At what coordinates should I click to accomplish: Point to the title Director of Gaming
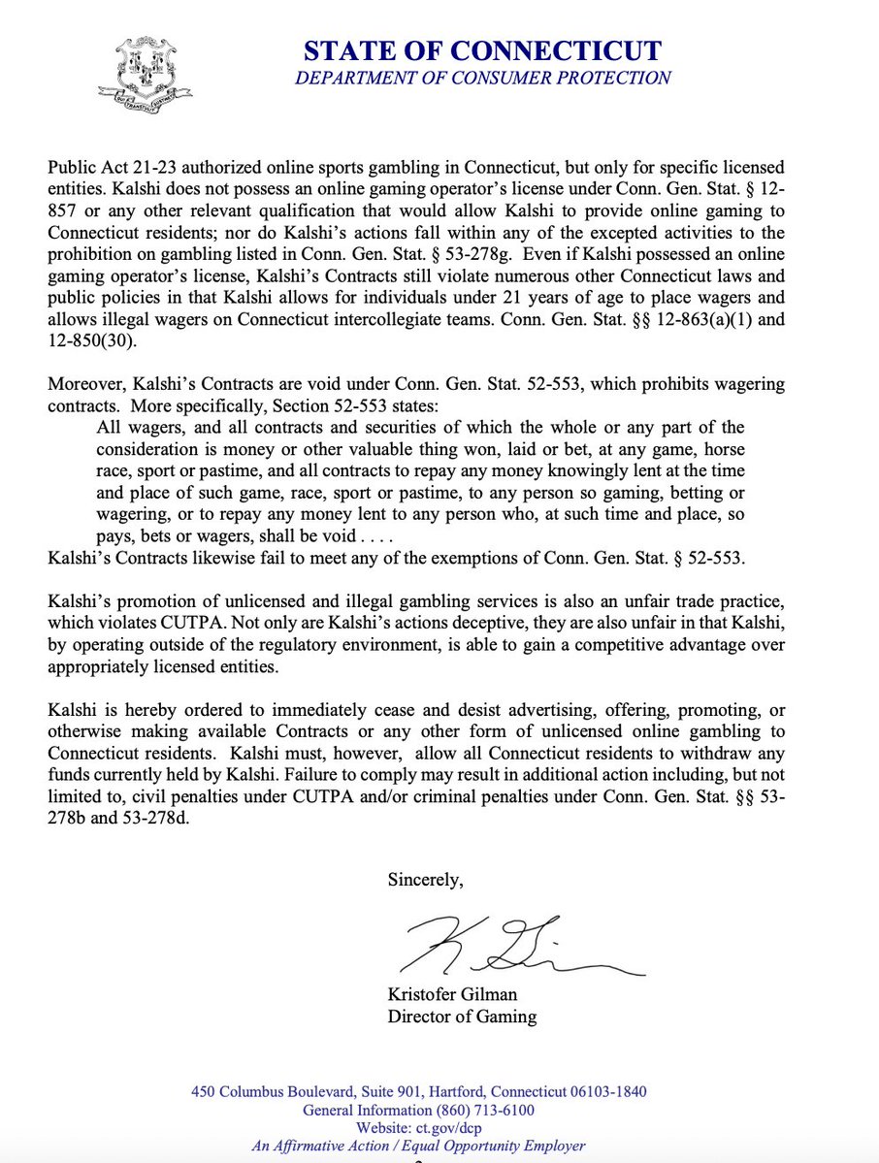[462, 1017]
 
